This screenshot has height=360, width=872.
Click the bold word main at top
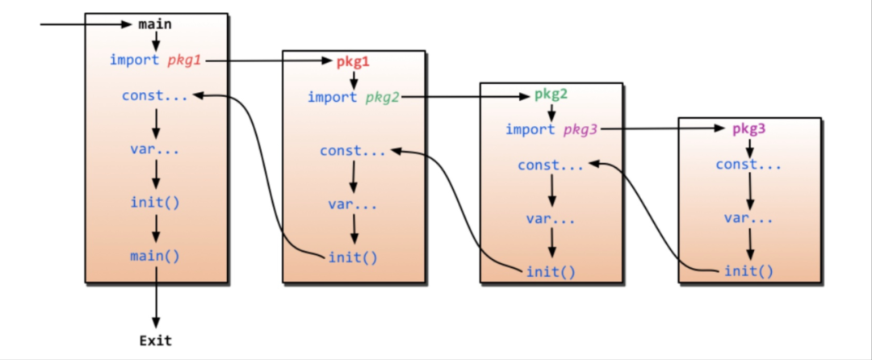(155, 24)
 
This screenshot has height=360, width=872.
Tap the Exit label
(155, 340)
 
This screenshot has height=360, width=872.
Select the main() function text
(155, 256)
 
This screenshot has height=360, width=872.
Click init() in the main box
(155, 201)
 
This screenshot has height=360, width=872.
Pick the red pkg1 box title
(353, 61)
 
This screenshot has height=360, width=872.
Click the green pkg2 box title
(551, 94)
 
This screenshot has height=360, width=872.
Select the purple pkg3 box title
(748, 129)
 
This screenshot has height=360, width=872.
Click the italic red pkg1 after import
(185, 60)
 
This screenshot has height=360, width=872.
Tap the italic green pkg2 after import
(382, 97)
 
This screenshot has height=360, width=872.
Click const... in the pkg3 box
(748, 165)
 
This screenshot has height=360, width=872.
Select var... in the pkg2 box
(551, 219)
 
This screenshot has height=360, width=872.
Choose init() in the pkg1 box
(353, 257)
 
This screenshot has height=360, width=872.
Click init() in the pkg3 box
(748, 271)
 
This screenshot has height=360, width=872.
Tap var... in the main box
(155, 149)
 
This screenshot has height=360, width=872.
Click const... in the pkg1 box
(353, 151)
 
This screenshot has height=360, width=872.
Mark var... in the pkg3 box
(748, 218)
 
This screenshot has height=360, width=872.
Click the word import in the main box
(135, 60)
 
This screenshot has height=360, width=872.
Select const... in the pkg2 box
(551, 165)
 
